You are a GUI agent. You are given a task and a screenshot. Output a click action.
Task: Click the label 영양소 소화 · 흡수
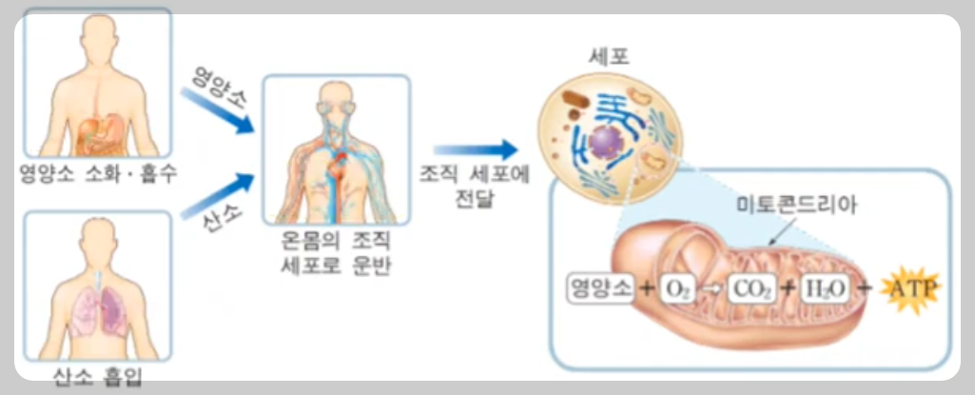tap(96, 175)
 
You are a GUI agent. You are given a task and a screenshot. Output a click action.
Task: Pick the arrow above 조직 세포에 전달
tap(475, 149)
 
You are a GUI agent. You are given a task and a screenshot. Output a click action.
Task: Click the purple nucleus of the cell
tap(604, 143)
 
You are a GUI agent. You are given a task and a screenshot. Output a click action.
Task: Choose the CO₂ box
tap(751, 288)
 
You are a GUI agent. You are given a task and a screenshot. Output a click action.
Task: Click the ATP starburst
tap(908, 287)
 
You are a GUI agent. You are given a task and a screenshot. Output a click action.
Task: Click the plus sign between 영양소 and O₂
tap(646, 288)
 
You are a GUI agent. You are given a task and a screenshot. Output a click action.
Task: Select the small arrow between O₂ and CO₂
tap(712, 288)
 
